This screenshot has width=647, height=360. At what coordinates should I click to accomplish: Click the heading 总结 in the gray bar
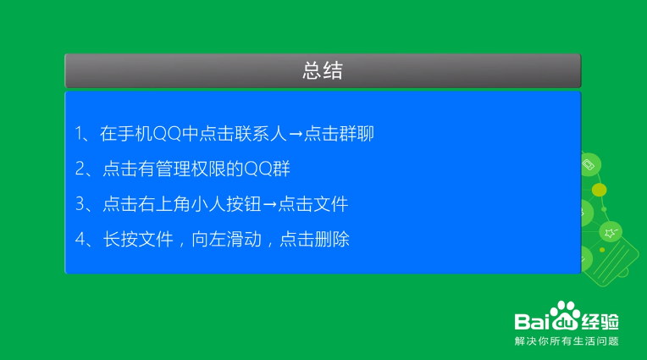pyautogui.click(x=323, y=70)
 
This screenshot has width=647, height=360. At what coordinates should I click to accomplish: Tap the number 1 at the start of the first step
pyautogui.click(x=79, y=134)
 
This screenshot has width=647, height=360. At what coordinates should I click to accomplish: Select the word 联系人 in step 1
pyautogui.click(x=261, y=134)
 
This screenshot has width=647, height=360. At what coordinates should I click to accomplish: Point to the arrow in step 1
pyautogui.click(x=296, y=134)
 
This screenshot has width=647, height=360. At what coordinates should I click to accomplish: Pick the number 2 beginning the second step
pyautogui.click(x=80, y=169)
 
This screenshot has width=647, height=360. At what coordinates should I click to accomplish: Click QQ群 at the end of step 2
pyautogui.click(x=268, y=169)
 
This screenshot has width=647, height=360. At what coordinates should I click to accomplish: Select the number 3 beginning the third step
pyautogui.click(x=80, y=204)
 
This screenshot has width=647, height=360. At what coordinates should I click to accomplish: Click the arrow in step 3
pyautogui.click(x=269, y=204)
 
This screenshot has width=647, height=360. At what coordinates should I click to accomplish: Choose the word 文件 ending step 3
pyautogui.click(x=330, y=204)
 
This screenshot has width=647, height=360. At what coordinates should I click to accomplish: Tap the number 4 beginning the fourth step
pyautogui.click(x=80, y=240)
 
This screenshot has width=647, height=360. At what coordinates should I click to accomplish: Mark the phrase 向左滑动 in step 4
pyautogui.click(x=226, y=240)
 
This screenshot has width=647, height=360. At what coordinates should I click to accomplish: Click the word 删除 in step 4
pyautogui.click(x=332, y=240)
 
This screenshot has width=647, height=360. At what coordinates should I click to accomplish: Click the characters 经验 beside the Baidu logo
pyautogui.click(x=600, y=322)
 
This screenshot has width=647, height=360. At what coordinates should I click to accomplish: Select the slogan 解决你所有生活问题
pyautogui.click(x=567, y=341)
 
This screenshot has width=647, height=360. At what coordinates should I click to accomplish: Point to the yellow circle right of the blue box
pyautogui.click(x=599, y=190)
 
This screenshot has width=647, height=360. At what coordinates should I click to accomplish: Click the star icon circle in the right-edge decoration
pyautogui.click(x=611, y=232)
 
